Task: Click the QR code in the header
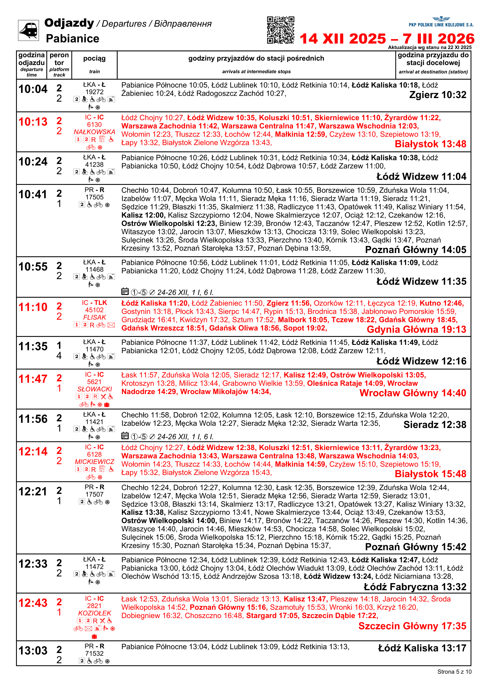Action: (x=280, y=30)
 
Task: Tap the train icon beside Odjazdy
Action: (x=28, y=30)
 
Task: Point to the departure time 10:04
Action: (x=33, y=89)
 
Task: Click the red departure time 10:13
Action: (x=33, y=122)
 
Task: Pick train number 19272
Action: (x=94, y=92)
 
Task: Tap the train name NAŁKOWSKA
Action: (x=94, y=132)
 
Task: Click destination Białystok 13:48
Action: (x=430, y=144)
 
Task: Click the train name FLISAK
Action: (x=95, y=317)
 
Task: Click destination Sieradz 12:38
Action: (x=435, y=425)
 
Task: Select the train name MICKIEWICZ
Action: (x=95, y=462)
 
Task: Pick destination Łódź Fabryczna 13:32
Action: (x=415, y=587)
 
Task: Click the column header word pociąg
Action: (x=94, y=59)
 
